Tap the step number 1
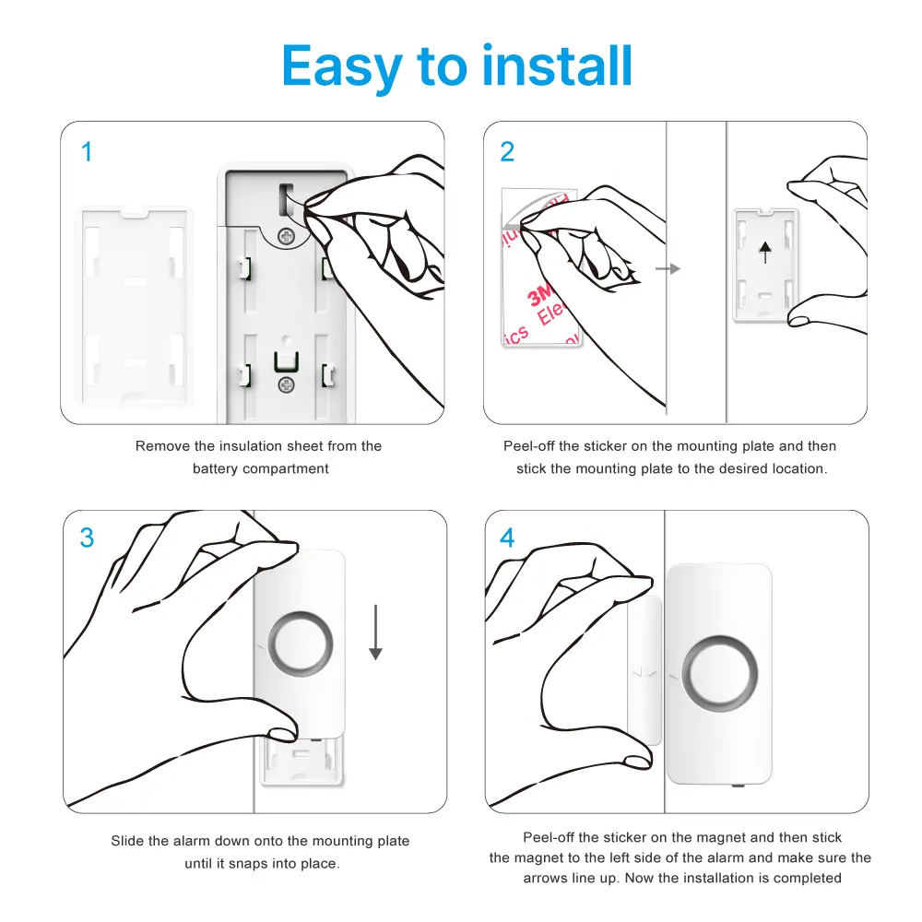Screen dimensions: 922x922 (x=88, y=152)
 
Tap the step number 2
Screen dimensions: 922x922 (x=507, y=152)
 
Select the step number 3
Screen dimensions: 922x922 (x=88, y=538)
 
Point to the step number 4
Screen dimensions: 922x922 (x=507, y=538)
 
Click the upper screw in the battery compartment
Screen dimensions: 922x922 (x=288, y=237)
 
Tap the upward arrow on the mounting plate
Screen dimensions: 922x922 (x=765, y=252)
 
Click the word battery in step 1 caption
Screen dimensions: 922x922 (x=215, y=468)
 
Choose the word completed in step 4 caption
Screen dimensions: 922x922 (x=808, y=878)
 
